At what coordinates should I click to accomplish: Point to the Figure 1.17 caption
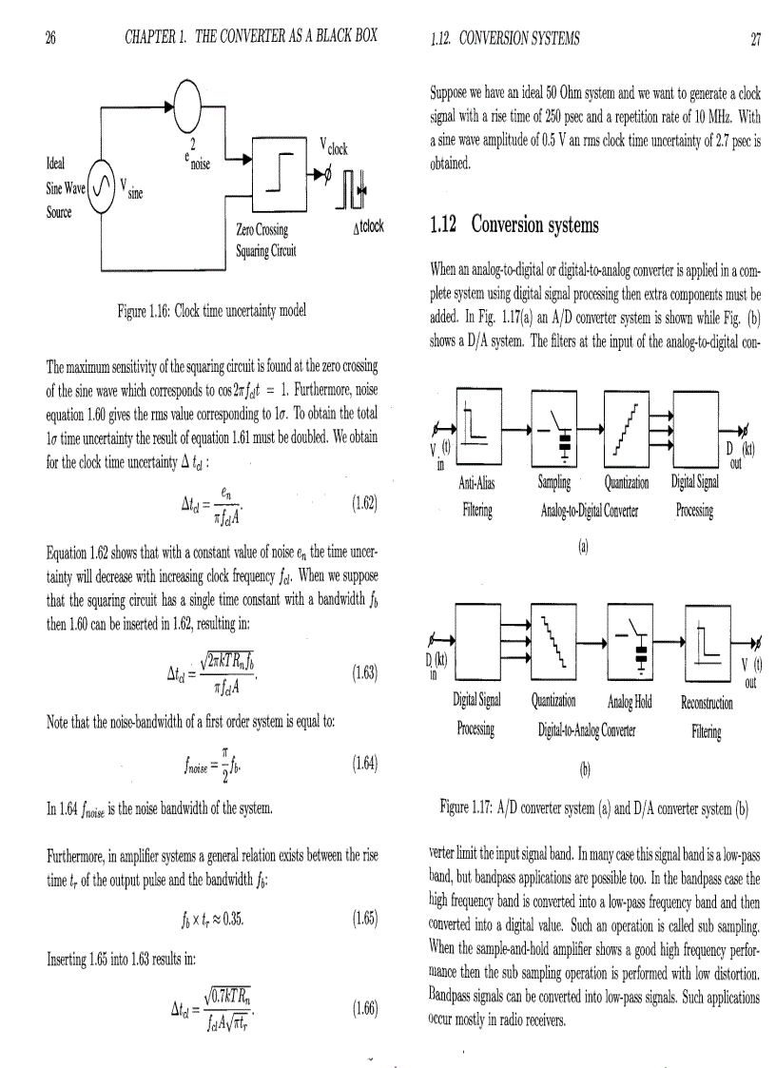594,810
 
